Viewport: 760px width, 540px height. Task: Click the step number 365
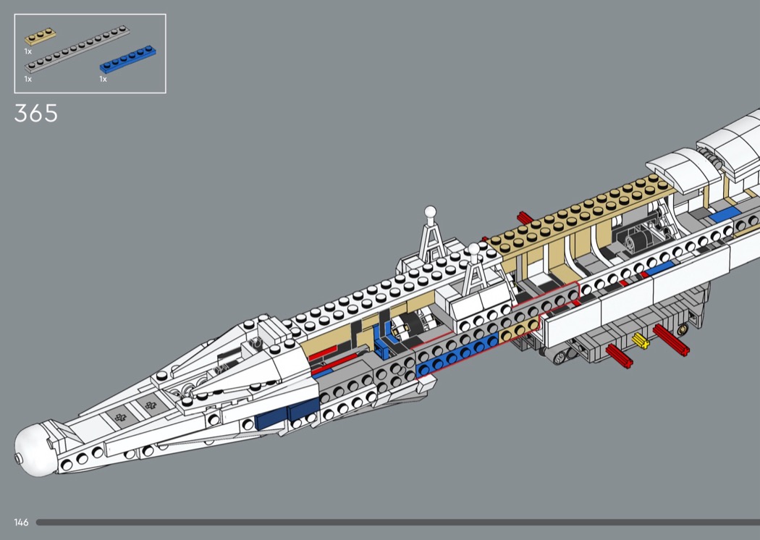click(x=36, y=114)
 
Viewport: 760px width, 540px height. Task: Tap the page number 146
click(x=21, y=522)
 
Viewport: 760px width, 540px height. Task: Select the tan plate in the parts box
click(x=41, y=36)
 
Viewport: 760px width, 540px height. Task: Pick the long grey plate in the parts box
click(x=77, y=48)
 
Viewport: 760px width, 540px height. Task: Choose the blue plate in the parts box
click(x=128, y=59)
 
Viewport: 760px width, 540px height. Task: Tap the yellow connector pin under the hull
click(x=641, y=341)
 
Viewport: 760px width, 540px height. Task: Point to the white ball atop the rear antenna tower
click(x=430, y=212)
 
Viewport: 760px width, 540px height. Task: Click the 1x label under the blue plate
click(x=104, y=79)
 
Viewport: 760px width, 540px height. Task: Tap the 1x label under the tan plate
click(x=28, y=51)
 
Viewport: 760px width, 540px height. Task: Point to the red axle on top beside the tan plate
click(x=525, y=218)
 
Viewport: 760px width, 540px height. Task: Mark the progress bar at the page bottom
click(x=397, y=522)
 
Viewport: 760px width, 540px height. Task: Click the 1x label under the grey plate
click(x=28, y=79)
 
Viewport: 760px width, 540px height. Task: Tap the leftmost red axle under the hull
click(x=619, y=356)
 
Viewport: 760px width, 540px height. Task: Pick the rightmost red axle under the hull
click(x=671, y=339)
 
